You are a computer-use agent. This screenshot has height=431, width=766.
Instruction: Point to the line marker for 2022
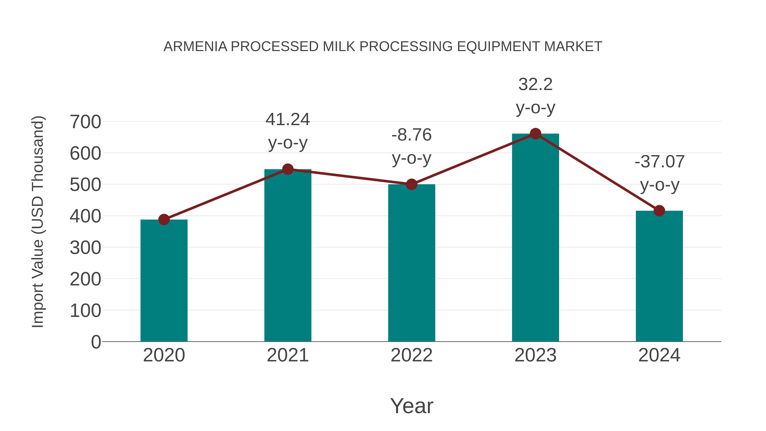pos(412,184)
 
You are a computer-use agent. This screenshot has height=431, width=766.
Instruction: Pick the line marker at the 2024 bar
pos(659,210)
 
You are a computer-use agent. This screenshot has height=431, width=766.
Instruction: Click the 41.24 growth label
pos(287,120)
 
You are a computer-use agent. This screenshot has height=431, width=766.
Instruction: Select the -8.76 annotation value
pos(412,135)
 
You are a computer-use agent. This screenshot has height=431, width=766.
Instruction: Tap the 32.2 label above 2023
pos(535,84)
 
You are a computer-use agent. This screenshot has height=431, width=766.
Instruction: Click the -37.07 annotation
pos(659,162)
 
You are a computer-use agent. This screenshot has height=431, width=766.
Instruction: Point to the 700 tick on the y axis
pos(85,122)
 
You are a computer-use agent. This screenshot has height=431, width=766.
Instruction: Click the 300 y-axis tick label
pos(85,248)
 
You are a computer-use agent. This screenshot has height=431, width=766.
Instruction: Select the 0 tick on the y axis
pos(96,342)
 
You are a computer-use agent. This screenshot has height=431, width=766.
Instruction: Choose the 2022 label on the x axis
pos(412,355)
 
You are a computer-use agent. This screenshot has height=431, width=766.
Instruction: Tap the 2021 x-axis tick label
pos(287,355)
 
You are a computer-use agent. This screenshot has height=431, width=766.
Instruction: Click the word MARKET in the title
pos(573,47)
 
